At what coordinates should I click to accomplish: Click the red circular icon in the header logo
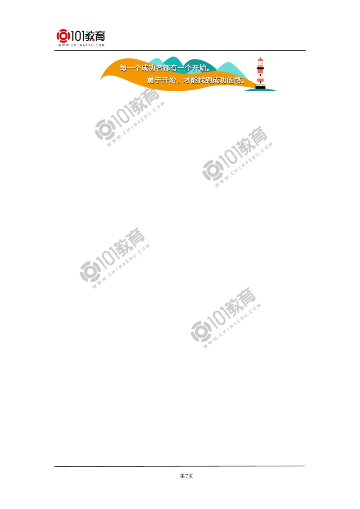63,36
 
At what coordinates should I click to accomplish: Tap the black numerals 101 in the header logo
78,36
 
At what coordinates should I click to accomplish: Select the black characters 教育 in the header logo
95,36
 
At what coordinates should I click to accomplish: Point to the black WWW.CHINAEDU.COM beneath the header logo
81,45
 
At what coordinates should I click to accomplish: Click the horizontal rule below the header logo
180,51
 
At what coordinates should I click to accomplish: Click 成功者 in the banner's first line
152,68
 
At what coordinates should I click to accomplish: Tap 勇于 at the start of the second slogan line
155,80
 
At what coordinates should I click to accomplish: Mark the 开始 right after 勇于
169,80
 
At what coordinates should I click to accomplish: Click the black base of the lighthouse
260,87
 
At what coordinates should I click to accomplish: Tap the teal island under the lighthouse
260,90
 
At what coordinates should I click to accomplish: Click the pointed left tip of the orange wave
100,79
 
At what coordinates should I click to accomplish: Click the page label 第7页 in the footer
186,476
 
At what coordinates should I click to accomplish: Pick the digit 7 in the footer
186,476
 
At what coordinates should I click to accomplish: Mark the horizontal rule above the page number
180,466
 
